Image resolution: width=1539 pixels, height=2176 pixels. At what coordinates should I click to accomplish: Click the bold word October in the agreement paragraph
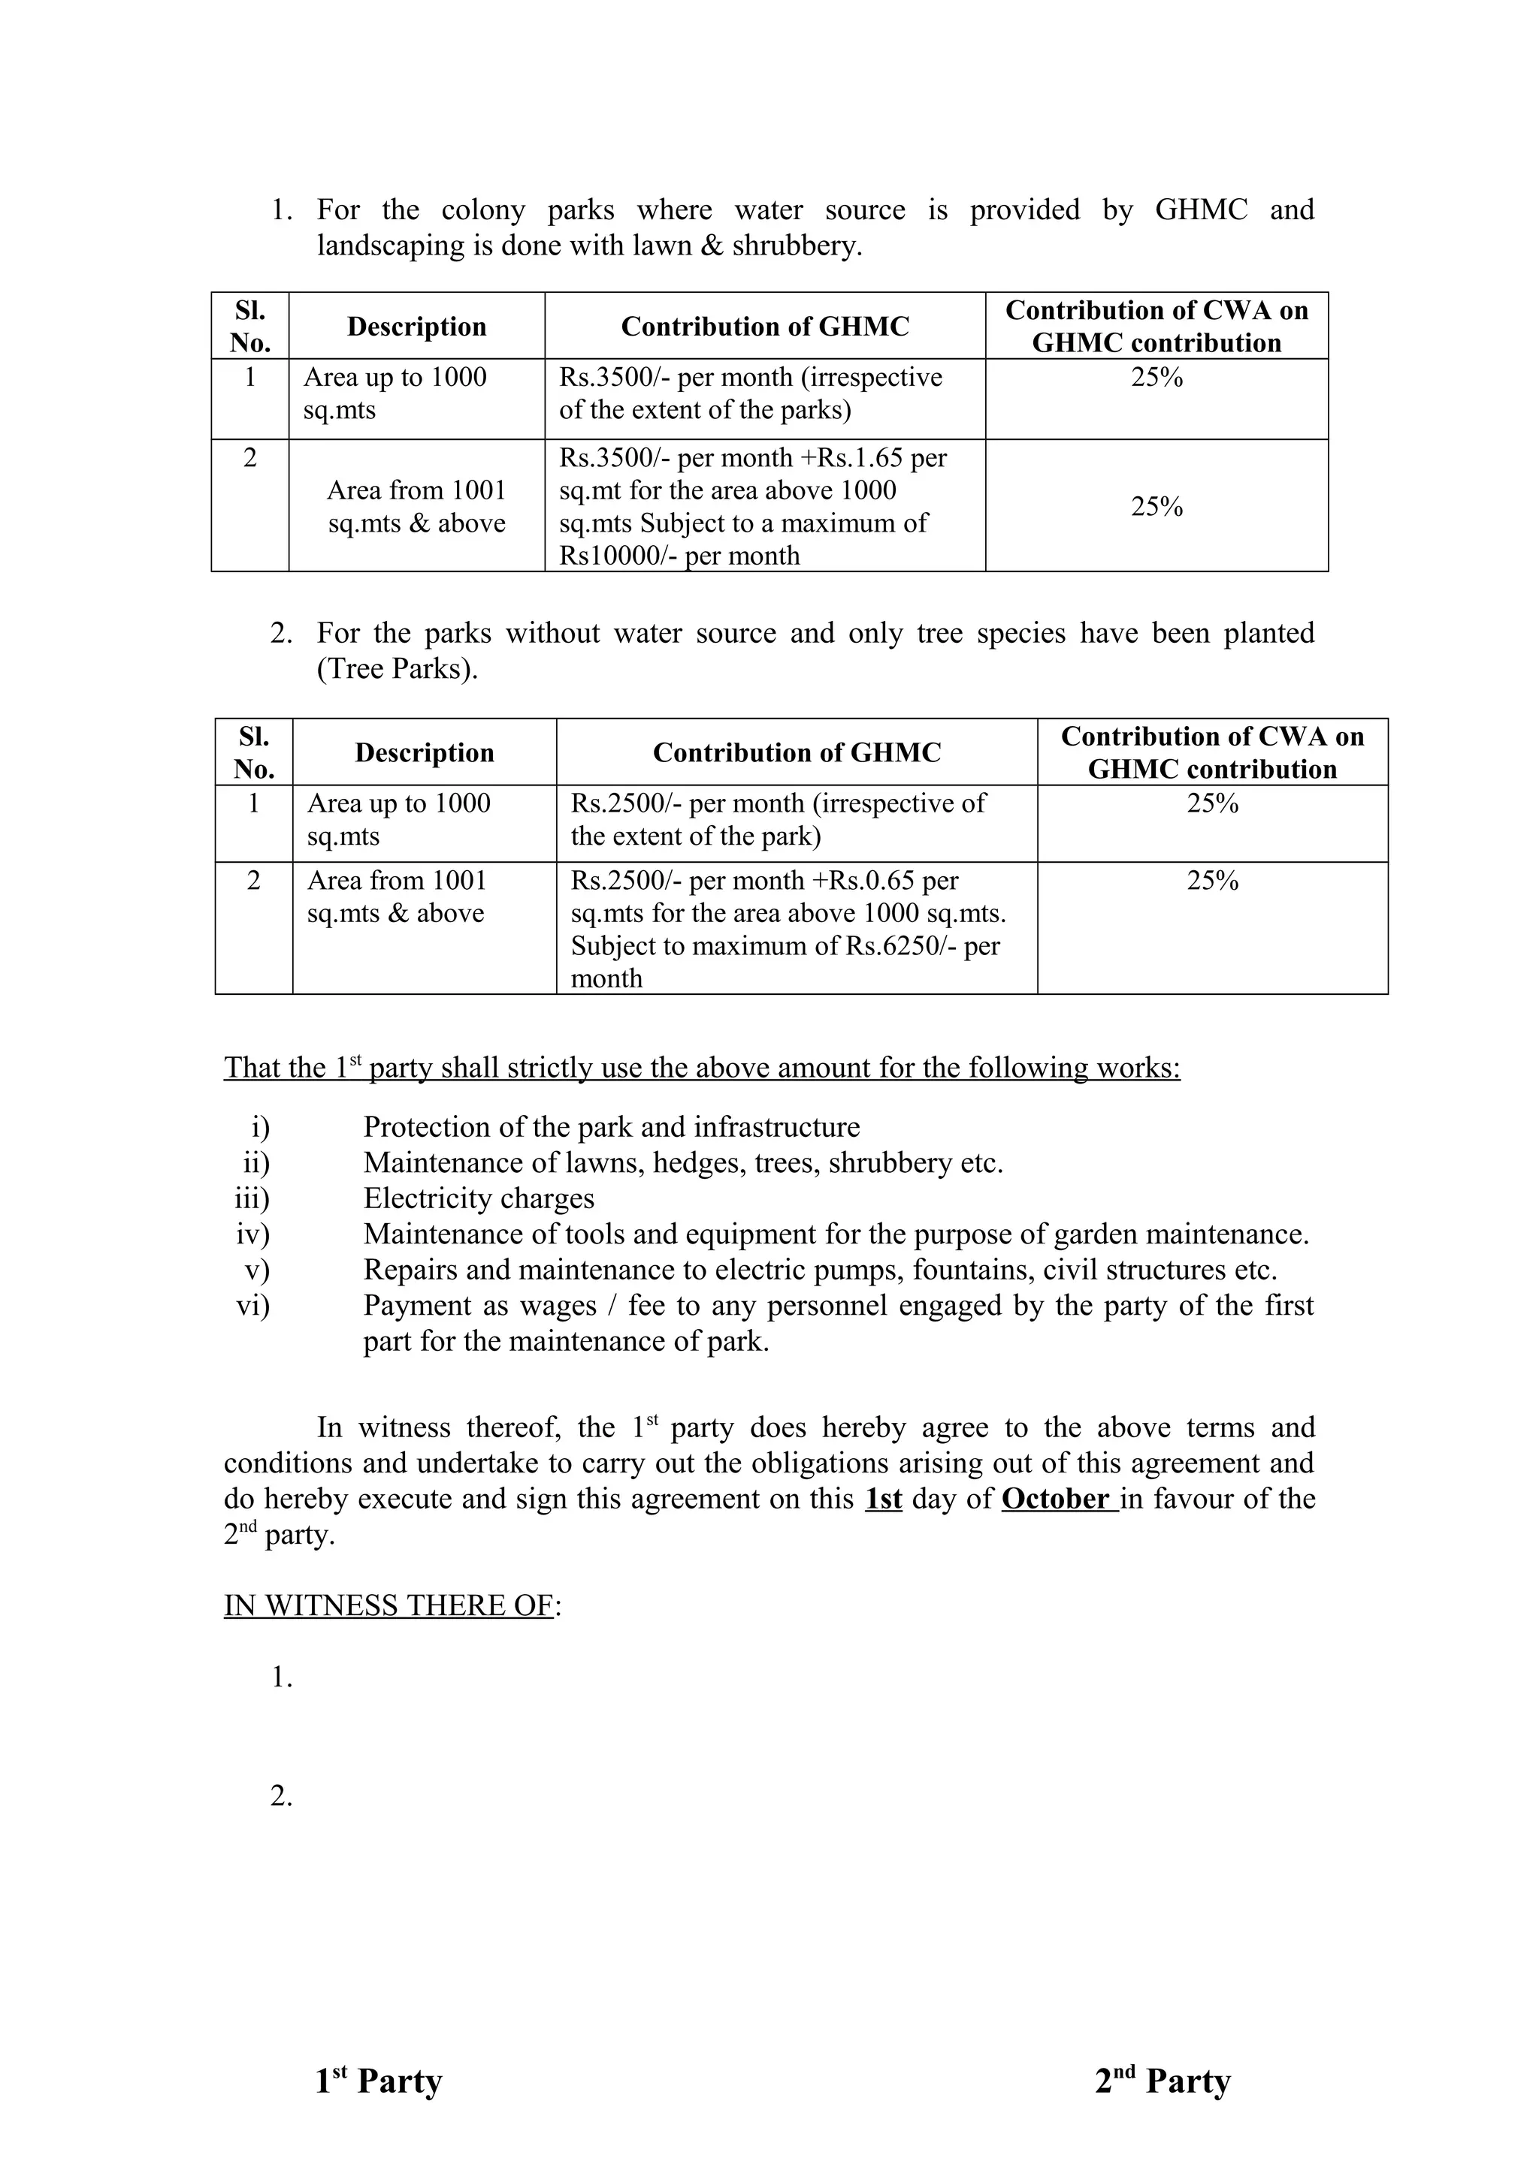(x=1055, y=1499)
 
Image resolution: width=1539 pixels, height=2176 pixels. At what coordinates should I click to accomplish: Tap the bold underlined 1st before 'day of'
(x=883, y=1499)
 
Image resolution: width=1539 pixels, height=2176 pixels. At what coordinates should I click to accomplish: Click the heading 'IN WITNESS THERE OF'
(x=389, y=1605)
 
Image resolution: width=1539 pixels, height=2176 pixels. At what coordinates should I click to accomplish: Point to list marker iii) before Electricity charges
(x=252, y=1199)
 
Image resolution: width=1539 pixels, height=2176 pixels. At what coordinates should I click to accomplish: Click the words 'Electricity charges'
(x=479, y=1199)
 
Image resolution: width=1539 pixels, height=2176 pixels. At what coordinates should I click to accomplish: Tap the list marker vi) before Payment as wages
(x=253, y=1306)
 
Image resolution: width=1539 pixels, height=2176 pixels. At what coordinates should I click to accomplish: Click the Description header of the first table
(x=416, y=327)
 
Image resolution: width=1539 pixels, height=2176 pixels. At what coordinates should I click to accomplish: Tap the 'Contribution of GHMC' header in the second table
(x=797, y=752)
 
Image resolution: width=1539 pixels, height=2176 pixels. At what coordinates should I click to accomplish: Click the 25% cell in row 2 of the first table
(x=1157, y=507)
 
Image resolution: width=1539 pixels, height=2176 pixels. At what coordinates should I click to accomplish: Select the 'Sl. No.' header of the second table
(x=253, y=752)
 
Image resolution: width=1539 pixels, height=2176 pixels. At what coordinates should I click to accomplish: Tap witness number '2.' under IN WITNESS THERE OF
(x=282, y=1796)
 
